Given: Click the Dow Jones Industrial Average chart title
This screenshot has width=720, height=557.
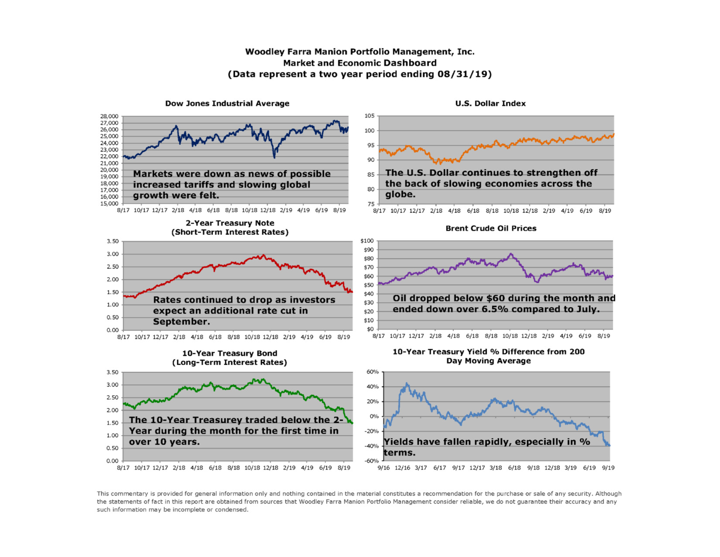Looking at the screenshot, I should tap(227, 104).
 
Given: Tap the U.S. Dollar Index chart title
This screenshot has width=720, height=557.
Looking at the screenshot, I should tap(490, 104).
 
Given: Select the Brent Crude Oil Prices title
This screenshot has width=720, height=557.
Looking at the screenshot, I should tap(490, 228).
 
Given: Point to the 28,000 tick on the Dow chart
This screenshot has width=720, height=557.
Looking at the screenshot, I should tap(109, 116).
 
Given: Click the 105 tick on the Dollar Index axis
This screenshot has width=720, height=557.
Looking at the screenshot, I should tap(369, 116).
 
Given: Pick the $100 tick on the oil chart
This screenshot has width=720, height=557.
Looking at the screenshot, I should tap(367, 241).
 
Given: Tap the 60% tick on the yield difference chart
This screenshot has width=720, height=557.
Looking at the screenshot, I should tap(372, 372).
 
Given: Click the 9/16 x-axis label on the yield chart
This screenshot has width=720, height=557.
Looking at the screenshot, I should tap(384, 468).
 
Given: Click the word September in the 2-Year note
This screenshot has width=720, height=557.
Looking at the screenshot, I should tap(181, 322).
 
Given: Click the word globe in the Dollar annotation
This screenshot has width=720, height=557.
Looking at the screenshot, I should tap(400, 194).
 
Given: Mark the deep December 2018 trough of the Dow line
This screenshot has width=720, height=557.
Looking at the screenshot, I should tap(274, 157).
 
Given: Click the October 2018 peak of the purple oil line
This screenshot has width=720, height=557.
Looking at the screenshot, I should tap(511, 254).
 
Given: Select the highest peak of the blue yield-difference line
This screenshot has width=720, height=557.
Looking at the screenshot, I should tap(407, 384).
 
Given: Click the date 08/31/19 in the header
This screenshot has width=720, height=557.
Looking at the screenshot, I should tap(463, 74).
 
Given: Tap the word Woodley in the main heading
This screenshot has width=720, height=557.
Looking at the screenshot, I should tap(264, 52).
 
